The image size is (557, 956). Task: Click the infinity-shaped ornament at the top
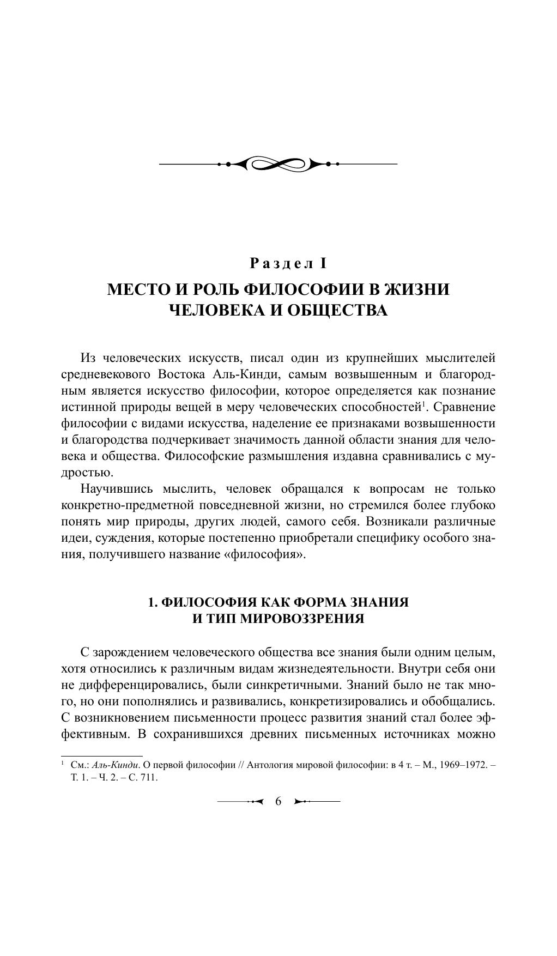(x=278, y=164)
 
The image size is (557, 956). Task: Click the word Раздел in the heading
(x=282, y=264)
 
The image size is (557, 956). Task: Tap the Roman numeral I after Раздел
(x=323, y=264)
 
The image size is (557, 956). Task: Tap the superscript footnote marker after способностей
(x=423, y=403)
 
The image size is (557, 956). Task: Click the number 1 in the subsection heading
(x=153, y=602)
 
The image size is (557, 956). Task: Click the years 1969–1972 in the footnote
(x=462, y=765)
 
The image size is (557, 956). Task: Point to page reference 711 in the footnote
(x=150, y=778)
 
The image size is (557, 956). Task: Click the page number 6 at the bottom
(x=278, y=801)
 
